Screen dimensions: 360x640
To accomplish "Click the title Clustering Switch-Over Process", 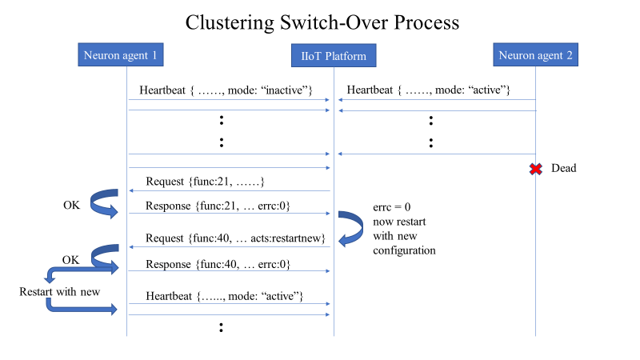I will (x=322, y=22).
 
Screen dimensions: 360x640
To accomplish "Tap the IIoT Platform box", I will (x=334, y=57).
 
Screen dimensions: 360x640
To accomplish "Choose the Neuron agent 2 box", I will (x=535, y=55).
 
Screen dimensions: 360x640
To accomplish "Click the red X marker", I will (x=535, y=168).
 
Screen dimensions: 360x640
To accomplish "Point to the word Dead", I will (x=563, y=169).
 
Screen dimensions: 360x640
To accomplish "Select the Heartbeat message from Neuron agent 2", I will (x=429, y=90).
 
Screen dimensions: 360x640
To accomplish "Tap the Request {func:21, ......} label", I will (x=205, y=182).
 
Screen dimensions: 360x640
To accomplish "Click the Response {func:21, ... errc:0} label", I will (x=218, y=206).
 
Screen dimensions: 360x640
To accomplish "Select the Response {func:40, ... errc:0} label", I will (x=218, y=263).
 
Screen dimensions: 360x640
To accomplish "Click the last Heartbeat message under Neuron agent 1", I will (x=224, y=296).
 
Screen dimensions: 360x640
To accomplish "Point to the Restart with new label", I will (x=60, y=291).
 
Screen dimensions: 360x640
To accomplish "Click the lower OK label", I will (x=71, y=259).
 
